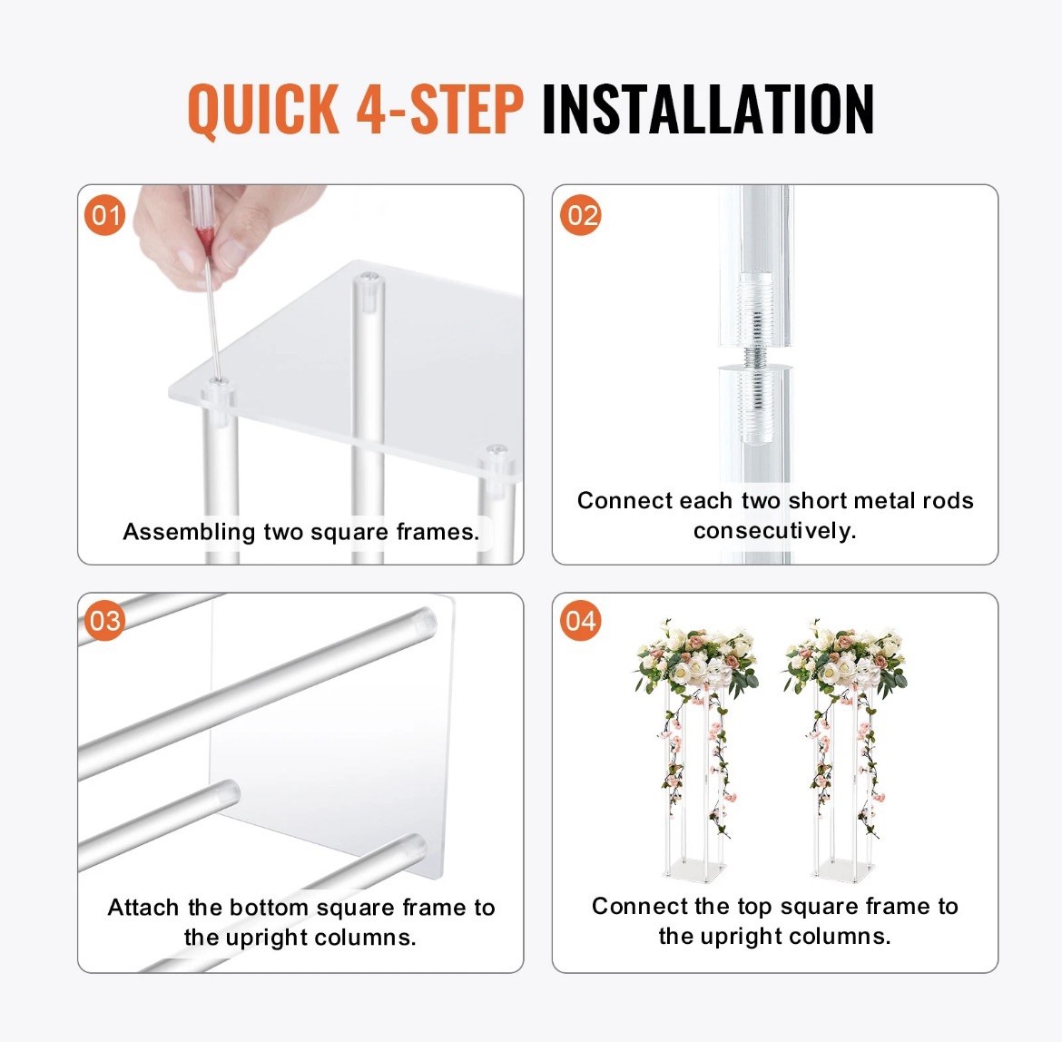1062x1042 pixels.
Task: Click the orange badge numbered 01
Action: [x=105, y=215]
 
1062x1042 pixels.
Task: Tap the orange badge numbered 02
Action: [x=580, y=215]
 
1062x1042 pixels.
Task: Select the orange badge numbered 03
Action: [x=105, y=621]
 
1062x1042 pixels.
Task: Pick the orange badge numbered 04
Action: [x=580, y=621]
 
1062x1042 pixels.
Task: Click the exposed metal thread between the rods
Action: [x=754, y=358]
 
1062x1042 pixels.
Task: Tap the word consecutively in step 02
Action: [x=775, y=531]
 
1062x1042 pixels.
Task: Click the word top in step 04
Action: [x=755, y=908]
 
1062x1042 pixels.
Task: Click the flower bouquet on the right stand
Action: [x=844, y=660]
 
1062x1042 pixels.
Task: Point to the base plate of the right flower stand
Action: [x=843, y=870]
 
